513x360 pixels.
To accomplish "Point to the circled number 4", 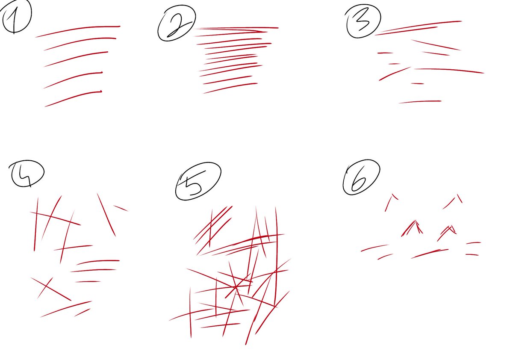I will (x=27, y=175).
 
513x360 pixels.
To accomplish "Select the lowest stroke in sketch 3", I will (x=420, y=102).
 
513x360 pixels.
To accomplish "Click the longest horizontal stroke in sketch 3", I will (x=449, y=70).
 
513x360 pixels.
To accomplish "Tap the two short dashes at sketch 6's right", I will (x=472, y=249).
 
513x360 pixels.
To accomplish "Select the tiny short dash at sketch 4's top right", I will (x=121, y=208).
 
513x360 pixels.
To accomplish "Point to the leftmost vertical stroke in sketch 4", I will (x=36, y=224).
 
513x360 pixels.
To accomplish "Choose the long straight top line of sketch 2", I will (x=237, y=28).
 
